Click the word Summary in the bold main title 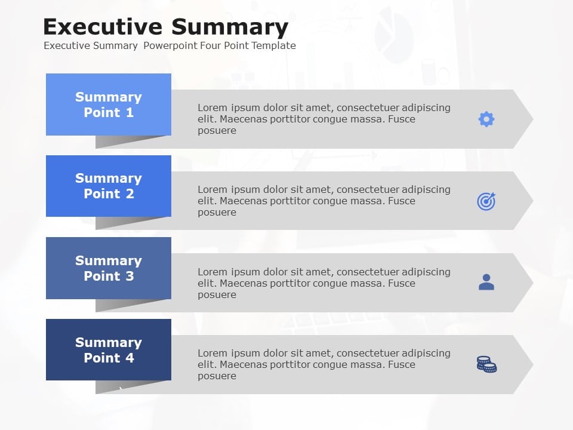point(229,27)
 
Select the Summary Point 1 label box point(109,105)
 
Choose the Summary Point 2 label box point(109,186)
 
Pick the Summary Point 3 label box point(109,268)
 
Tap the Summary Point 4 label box point(109,350)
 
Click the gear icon point(486,119)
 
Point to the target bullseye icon point(486,201)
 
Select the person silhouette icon point(486,282)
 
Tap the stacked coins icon point(486,364)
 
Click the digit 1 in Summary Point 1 point(130,113)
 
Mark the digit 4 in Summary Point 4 point(130,358)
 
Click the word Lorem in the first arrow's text point(212,108)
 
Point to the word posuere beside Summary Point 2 point(217,213)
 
